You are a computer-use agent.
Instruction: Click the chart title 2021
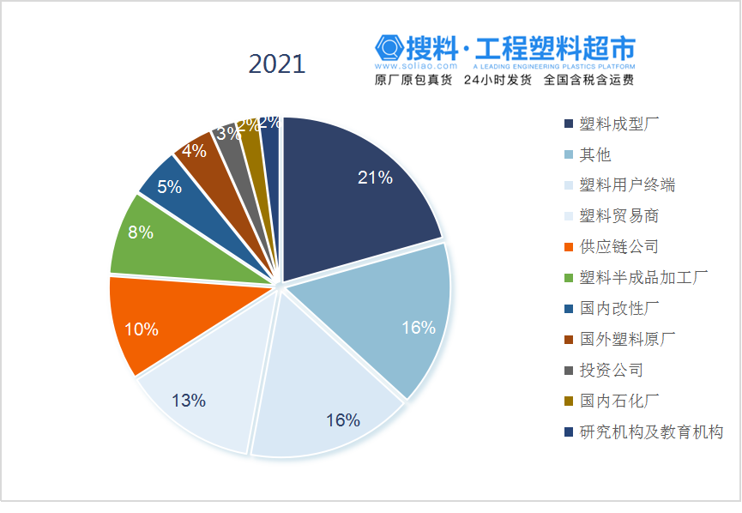pos(276,64)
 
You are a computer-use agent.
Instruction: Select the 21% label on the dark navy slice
pos(375,178)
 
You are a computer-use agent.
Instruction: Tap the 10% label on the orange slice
pos(142,329)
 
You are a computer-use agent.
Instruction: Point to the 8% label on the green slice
pos(140,232)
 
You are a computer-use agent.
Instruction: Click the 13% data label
pos(188,400)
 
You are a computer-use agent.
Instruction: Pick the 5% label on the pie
pos(169,186)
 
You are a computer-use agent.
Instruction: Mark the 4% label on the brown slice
pos(194,151)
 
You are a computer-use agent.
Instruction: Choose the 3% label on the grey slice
pos(227,133)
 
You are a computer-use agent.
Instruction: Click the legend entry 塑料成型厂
pos(618,124)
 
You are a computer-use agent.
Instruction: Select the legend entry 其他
pos(594,154)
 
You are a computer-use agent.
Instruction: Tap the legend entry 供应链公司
pos(618,247)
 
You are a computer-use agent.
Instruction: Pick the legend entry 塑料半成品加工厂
pos(642,278)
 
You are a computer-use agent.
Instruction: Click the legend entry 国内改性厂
pos(618,309)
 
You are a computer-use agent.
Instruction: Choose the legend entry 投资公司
pos(611,371)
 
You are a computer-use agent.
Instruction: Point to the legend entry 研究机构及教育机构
pos(651,432)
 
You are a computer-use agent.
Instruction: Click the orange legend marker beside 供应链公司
pos(570,248)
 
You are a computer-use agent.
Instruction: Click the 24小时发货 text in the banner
pos(498,81)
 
